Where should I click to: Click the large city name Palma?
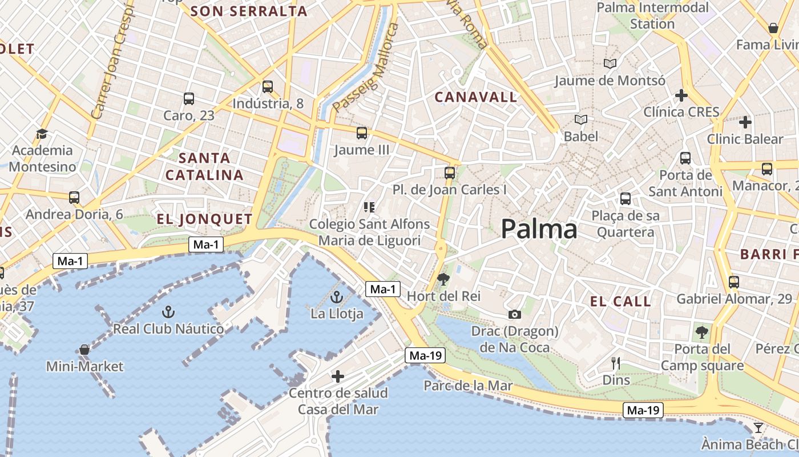539,230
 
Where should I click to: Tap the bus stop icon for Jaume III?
361,133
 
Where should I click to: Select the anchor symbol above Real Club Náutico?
168,312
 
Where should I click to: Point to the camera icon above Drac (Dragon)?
514,314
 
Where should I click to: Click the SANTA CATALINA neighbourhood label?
204,166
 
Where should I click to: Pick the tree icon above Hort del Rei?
443,279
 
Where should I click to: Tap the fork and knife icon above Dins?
616,363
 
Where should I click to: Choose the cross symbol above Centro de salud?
338,376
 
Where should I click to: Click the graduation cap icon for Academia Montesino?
42,134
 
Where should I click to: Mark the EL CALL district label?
620,302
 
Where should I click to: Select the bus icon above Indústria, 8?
268,87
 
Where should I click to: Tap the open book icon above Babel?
581,119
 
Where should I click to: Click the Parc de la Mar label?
468,386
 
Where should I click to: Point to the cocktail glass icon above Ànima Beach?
758,428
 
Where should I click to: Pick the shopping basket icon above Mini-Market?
84,349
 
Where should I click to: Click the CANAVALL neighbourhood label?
476,97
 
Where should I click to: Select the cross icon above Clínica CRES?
681,95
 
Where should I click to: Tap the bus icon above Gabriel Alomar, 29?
734,282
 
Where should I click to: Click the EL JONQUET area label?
204,219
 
